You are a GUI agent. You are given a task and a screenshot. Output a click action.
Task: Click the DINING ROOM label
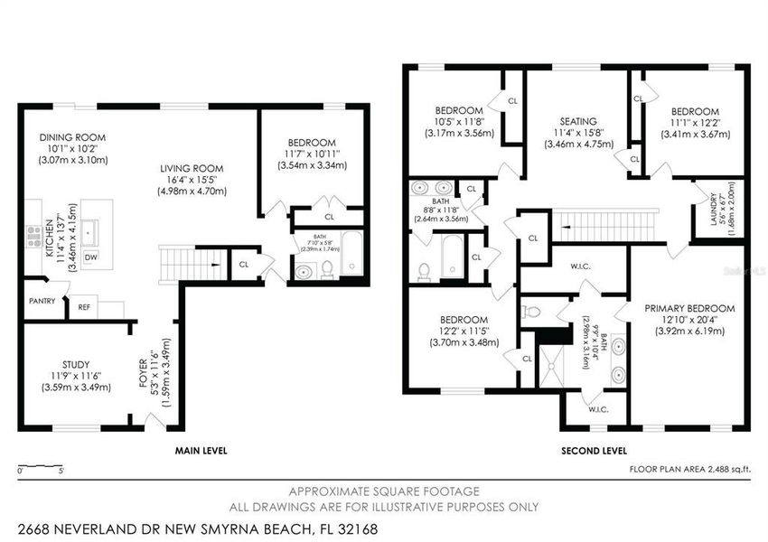73,137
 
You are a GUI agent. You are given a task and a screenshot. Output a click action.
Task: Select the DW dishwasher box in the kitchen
91,257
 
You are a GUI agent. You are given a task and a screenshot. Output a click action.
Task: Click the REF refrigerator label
84,307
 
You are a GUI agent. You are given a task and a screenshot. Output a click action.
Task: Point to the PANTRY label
42,300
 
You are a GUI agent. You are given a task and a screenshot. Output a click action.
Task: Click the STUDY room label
76,365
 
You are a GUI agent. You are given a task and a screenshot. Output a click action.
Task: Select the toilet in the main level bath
327,268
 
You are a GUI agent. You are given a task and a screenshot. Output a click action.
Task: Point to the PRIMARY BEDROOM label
689,308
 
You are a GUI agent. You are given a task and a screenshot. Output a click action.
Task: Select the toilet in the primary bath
532,313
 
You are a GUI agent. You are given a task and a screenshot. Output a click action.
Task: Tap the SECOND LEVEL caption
595,450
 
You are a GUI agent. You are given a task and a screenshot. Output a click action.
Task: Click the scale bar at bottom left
40,467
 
